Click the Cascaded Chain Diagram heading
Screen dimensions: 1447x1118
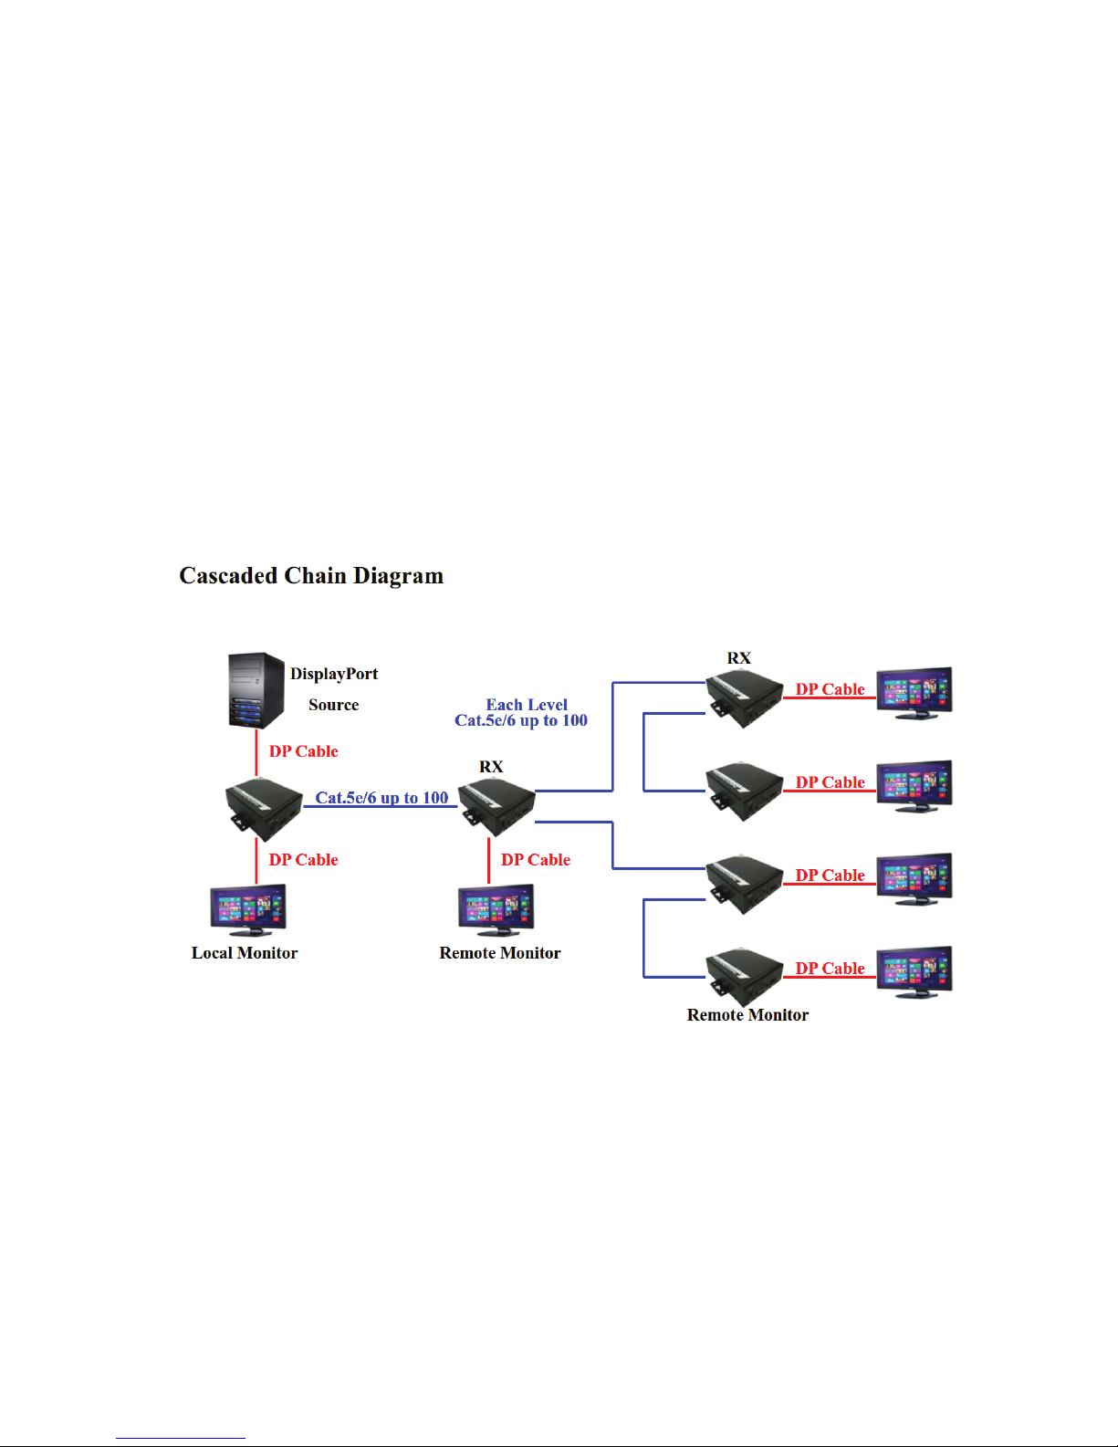coord(311,576)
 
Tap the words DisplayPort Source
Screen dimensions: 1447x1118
coord(334,688)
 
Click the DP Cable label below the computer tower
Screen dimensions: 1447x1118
coord(303,751)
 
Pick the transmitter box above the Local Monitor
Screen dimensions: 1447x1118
coord(264,808)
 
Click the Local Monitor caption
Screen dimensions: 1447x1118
coord(245,953)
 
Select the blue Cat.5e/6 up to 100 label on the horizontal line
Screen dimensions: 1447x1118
coord(381,798)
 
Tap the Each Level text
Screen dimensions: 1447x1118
coord(527,705)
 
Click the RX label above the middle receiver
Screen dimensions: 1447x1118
coord(491,767)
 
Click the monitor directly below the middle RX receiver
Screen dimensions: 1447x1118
coord(496,908)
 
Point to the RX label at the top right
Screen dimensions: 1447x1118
coord(738,658)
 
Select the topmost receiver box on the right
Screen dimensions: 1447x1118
coord(745,698)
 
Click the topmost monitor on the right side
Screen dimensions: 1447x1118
coord(914,691)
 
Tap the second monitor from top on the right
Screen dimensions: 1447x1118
coord(914,784)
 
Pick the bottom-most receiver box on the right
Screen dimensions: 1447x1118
coord(745,977)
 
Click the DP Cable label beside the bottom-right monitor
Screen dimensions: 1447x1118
coord(830,969)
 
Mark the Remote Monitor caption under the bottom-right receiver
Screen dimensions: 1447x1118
coord(747,1015)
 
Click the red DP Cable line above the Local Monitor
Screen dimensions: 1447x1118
coord(256,861)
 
